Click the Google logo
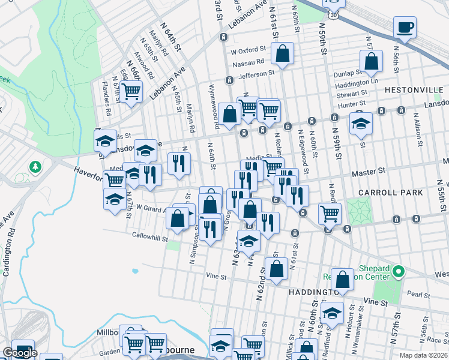tap(20, 353)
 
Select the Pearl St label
tap(418, 295)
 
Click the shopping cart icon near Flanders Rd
tap(130, 91)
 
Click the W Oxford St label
tap(247, 50)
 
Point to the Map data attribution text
tap(423, 355)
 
